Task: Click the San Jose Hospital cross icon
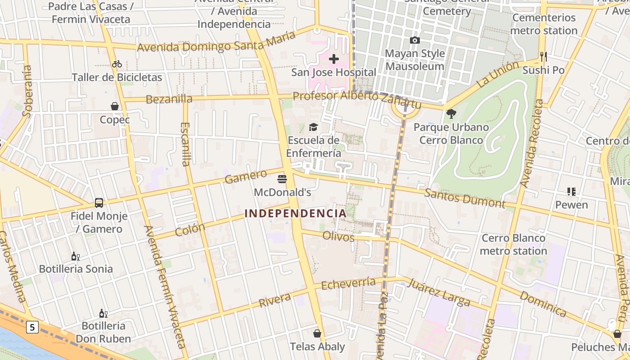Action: [334, 59]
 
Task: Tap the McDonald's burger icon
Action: [282, 179]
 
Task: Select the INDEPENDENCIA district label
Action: [296, 213]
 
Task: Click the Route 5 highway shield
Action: [32, 327]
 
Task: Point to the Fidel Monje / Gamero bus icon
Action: [99, 203]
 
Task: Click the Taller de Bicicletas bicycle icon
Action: [117, 64]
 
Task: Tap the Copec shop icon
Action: [115, 106]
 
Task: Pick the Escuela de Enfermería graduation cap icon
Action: [313, 127]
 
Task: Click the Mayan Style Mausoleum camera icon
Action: [415, 40]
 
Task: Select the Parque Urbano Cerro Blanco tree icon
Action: [451, 114]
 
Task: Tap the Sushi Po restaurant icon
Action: [544, 57]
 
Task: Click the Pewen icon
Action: [571, 192]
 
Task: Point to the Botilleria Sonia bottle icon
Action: [76, 256]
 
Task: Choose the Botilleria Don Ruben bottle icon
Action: [103, 313]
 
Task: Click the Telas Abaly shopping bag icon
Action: [317, 333]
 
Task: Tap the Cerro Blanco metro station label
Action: [513, 244]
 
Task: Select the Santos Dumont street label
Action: [465, 198]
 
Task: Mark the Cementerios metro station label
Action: [544, 24]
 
